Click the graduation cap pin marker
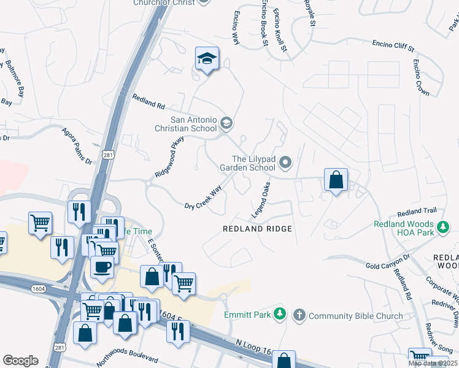(207, 59)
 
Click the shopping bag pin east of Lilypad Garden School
(336, 180)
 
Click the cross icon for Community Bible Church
(299, 315)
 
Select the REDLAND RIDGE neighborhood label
(257, 229)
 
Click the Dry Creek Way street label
(202, 197)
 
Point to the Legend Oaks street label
(261, 201)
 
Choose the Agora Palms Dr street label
(77, 146)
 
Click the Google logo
(20, 360)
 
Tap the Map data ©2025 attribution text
(433, 363)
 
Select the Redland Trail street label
(417, 212)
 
